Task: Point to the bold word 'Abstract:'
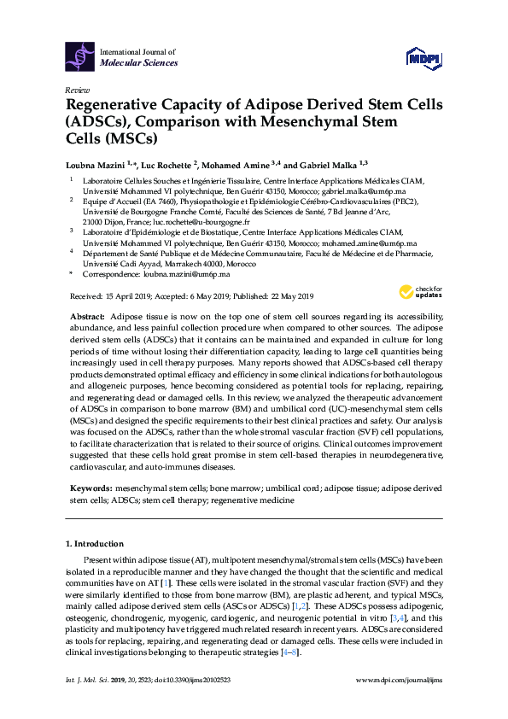(x=88, y=316)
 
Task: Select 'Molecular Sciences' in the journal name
(x=139, y=63)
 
